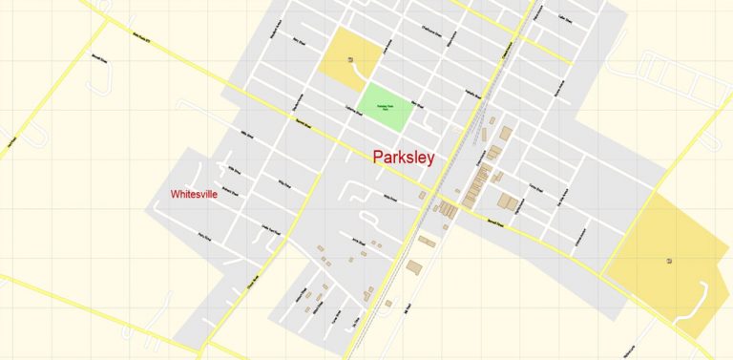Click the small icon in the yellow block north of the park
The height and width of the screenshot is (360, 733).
pyautogui.click(x=351, y=60)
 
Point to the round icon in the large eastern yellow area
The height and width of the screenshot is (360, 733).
pyautogui.click(x=669, y=260)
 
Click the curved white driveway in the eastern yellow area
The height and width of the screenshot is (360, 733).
pyautogui.click(x=702, y=304)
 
